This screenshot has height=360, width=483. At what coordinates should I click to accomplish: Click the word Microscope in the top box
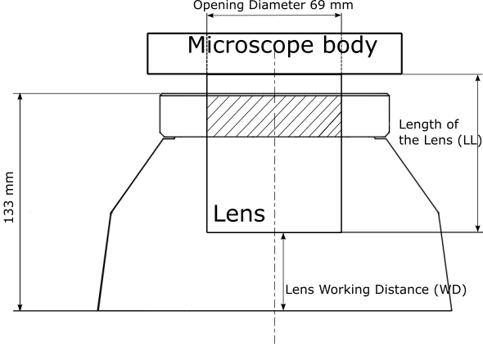coord(251,45)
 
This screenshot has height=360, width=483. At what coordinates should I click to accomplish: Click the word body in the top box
coord(350,46)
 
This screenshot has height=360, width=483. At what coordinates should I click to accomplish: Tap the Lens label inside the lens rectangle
coord(239,214)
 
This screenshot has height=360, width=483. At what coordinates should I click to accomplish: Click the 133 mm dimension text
coord(9,197)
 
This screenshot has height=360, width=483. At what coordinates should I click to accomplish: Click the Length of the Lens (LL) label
coord(440,132)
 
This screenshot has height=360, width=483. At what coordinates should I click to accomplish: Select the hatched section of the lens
coord(274,116)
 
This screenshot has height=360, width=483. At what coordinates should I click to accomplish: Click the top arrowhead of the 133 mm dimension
coord(20,97)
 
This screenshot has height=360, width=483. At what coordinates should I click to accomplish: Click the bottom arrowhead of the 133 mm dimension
coord(20,307)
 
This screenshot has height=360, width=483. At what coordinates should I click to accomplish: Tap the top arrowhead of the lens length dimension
coord(478,78)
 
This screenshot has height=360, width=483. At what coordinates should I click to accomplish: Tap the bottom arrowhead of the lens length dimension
coord(478,228)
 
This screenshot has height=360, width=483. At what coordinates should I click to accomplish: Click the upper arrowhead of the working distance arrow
coord(284,236)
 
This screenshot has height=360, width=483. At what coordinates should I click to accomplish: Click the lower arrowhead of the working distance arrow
coord(284,307)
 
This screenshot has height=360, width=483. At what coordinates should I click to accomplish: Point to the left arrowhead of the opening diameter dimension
coord(210,16)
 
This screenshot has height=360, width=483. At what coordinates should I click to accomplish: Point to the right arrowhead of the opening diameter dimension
coord(337,16)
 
